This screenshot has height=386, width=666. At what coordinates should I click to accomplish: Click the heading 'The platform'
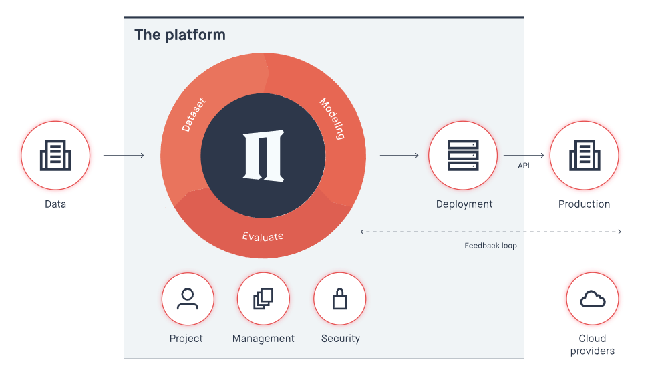pos(180,35)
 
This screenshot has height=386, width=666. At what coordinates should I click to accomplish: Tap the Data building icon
pos(55,156)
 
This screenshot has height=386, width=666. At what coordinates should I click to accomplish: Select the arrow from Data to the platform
pos(124,156)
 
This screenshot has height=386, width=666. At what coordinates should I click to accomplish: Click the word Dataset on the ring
pos(194,115)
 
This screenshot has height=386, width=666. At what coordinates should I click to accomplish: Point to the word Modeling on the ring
pos(332,118)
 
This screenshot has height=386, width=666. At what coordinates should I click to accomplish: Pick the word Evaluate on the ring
pos(263,236)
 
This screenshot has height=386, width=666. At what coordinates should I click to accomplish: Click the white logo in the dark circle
pos(263,156)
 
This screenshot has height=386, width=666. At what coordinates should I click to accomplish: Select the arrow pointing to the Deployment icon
pos(399,156)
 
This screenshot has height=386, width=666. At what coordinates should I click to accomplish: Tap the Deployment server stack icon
pos(463,156)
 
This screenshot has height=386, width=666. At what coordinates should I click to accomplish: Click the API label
pos(524,166)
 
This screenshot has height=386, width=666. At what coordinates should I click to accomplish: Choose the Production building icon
pos(585,156)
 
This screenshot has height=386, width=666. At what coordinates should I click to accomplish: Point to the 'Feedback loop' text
pos(490,246)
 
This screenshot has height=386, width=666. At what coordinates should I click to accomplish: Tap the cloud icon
pos(593,299)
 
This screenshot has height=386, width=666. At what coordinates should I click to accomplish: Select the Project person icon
pos(188,299)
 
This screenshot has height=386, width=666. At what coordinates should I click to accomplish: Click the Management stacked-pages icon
pos(263,299)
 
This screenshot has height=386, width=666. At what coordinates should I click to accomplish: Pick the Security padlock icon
pos(340,299)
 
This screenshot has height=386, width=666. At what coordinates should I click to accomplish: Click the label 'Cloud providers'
pos(593,345)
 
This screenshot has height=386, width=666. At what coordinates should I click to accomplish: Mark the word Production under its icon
pos(585,204)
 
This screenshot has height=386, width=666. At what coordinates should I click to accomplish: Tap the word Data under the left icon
pos(55,204)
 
